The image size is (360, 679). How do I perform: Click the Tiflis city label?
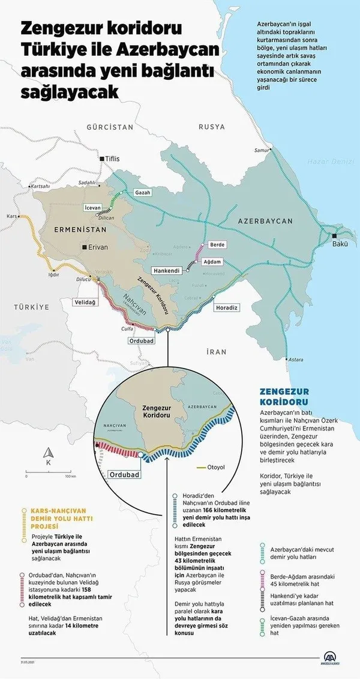[x=113, y=158]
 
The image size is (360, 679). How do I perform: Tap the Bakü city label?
[x=340, y=245]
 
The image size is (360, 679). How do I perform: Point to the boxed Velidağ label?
[x=85, y=303]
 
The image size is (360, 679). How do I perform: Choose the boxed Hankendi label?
[x=168, y=270]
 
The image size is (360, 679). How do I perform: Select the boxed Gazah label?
[x=143, y=193]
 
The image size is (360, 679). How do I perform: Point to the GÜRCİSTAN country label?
[x=109, y=128]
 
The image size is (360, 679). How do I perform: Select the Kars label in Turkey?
[x=10, y=215]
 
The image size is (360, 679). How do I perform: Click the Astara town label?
[x=295, y=359]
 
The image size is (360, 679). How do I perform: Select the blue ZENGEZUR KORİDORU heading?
[x=284, y=396]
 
